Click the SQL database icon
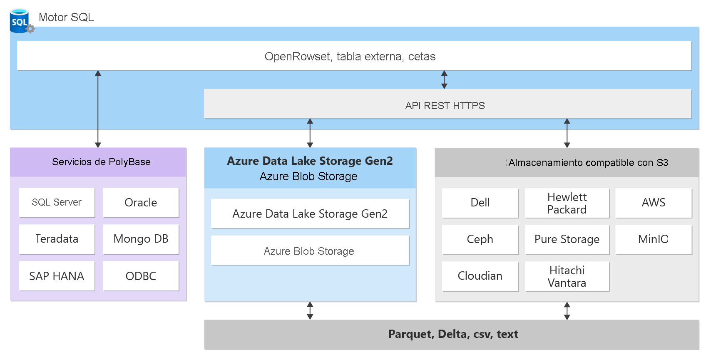(20, 21)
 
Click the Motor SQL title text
(66, 17)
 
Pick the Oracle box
(141, 203)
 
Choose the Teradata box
(57, 239)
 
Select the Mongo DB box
(141, 239)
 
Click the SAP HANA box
(57, 276)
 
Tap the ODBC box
(141, 276)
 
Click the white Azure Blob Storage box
(310, 251)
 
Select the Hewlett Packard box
(567, 203)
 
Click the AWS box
(654, 203)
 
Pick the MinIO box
(654, 239)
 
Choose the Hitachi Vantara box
(567, 276)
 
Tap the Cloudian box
(480, 276)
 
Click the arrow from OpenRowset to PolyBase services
(98, 109)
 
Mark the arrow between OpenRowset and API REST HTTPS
(444, 79)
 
